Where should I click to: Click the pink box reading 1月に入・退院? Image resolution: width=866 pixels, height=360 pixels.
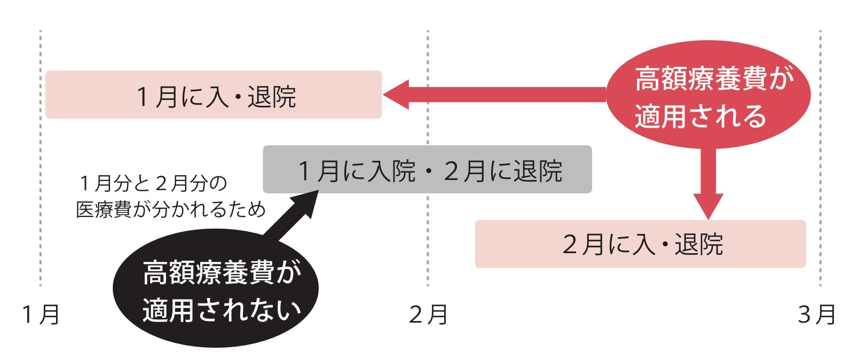pyautogui.click(x=214, y=95)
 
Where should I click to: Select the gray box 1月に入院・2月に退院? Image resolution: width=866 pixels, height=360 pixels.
pyautogui.click(x=427, y=170)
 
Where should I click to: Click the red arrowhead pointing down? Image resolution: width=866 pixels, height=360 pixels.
pyautogui.click(x=708, y=206)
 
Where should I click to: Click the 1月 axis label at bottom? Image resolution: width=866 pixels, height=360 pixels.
pyautogui.click(x=41, y=315)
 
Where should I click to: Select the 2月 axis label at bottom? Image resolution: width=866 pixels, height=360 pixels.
pyautogui.click(x=428, y=315)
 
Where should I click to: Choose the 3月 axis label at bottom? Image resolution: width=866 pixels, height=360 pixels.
pyautogui.click(x=816, y=315)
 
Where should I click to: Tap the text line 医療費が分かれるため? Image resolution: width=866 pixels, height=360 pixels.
pyautogui.click(x=170, y=209)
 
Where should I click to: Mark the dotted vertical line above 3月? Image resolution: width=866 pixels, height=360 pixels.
pyautogui.click(x=821, y=160)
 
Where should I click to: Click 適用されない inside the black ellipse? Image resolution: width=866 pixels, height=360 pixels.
pyautogui.click(x=222, y=310)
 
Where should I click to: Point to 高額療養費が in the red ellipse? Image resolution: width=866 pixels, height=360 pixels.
pyautogui.click(x=714, y=79)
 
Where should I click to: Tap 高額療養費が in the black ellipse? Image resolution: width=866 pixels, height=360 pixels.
pyautogui.click(x=222, y=272)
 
